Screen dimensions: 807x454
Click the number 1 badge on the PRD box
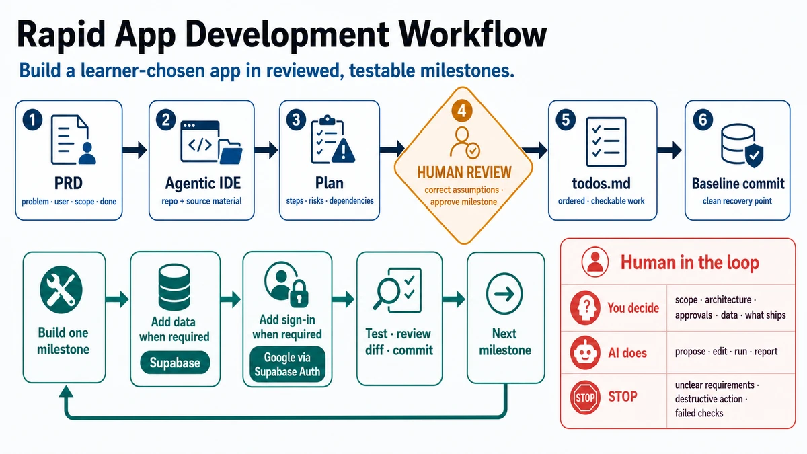(x=32, y=120)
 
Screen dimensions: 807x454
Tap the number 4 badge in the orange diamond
(x=461, y=110)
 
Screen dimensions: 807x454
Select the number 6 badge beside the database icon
(x=703, y=120)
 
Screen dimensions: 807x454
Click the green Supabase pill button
(x=175, y=363)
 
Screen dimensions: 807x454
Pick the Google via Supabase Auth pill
(x=287, y=365)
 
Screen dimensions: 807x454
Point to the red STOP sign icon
(x=585, y=398)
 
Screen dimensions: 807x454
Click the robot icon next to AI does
(x=585, y=352)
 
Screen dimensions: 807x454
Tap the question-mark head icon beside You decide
(x=585, y=308)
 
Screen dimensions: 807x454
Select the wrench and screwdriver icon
(x=61, y=290)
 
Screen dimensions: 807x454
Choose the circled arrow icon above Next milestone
(x=504, y=294)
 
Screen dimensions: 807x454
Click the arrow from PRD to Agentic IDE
(x=134, y=150)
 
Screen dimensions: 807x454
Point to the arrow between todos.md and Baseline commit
(x=669, y=150)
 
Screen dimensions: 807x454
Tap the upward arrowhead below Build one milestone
(x=66, y=392)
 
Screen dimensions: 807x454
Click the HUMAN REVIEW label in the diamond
(x=464, y=173)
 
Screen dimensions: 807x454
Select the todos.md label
(x=601, y=184)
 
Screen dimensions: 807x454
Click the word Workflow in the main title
(x=473, y=35)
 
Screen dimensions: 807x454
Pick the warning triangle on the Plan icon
(x=343, y=150)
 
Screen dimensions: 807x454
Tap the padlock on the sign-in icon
(x=299, y=294)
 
